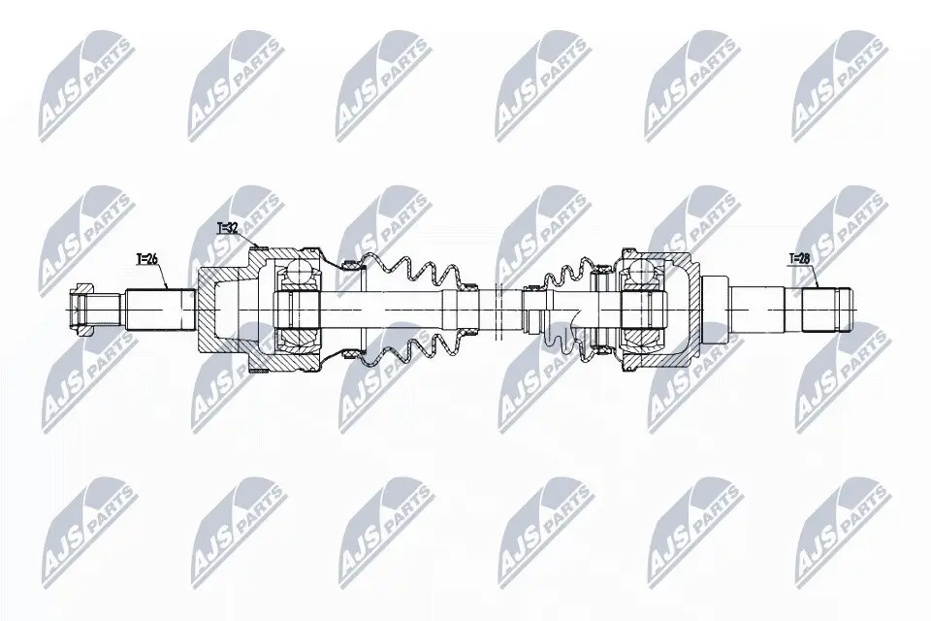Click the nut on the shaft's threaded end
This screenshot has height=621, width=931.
point(85,309)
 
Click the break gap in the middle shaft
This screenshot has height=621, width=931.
point(497,309)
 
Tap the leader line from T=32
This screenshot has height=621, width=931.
point(247,241)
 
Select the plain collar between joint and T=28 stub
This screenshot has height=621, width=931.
point(715,309)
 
